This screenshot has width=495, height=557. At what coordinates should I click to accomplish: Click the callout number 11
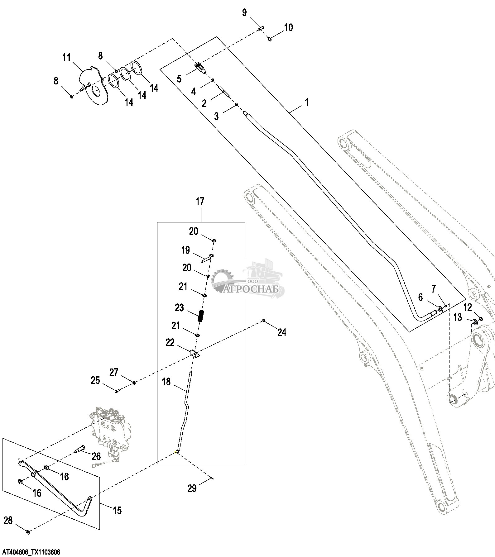tap(66, 58)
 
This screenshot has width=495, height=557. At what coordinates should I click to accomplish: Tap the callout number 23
tap(179, 308)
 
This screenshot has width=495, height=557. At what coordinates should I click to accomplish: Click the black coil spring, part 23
tap(201, 317)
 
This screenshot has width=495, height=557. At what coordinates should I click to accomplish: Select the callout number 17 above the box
tap(200, 202)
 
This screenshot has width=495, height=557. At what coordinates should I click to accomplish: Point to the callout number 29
tap(192, 488)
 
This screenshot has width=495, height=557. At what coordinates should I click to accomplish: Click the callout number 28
tap(8, 520)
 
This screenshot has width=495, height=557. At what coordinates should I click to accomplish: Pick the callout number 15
tap(117, 511)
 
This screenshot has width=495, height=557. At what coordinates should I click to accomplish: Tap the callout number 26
tap(96, 456)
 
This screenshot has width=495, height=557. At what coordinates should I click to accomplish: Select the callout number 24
tap(282, 333)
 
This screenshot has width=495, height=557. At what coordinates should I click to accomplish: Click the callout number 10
tap(288, 27)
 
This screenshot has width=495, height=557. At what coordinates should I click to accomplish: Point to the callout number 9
tap(244, 12)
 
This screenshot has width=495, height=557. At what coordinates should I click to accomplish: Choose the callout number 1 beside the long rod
tap(306, 102)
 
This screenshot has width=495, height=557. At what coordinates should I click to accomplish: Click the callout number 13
tap(458, 317)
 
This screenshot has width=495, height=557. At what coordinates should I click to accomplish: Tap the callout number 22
tap(170, 342)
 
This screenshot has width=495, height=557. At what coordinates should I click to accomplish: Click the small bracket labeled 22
tap(195, 354)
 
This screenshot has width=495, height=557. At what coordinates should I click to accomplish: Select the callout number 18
tap(166, 382)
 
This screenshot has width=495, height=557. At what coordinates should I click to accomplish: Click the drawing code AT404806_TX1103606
tap(30, 552)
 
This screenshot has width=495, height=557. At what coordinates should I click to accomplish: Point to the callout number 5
tap(179, 79)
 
